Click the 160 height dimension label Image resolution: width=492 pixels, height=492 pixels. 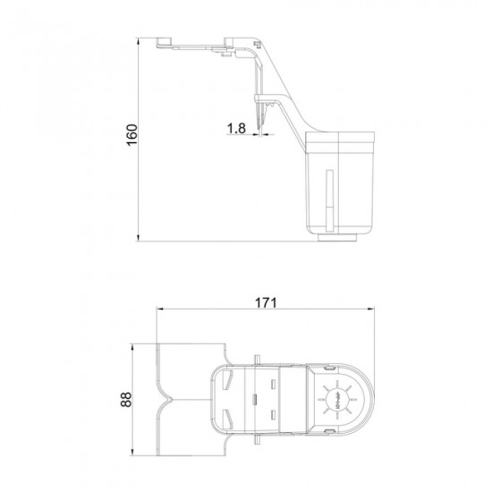[x=131, y=138]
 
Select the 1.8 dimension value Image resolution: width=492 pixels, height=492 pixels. [x=236, y=129]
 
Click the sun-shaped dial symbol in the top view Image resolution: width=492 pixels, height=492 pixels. [x=338, y=396]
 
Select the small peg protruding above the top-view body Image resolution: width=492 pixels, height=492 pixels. [x=257, y=359]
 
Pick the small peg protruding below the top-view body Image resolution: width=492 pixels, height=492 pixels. [x=257, y=437]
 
